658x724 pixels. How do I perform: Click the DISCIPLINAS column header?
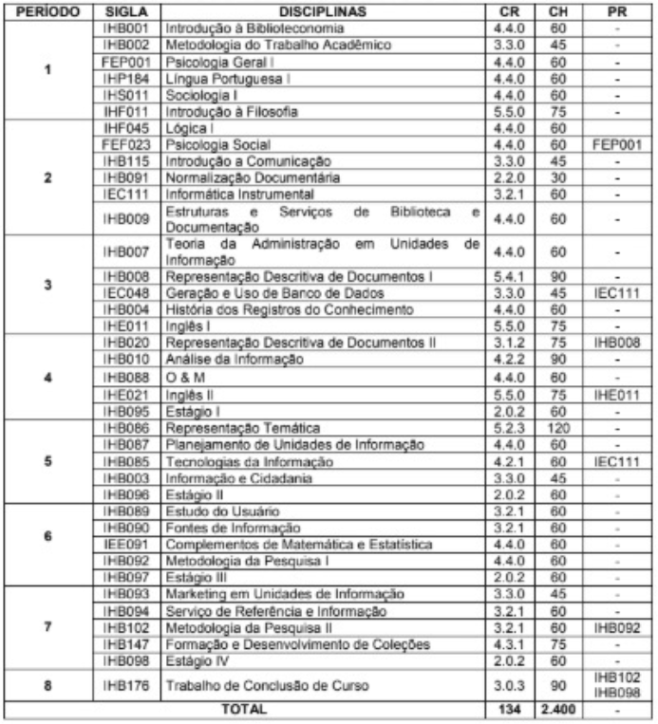[x=321, y=12]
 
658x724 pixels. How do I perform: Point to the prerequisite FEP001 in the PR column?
[x=616, y=145]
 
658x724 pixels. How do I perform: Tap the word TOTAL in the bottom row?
[x=244, y=709]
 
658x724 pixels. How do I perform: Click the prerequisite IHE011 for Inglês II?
[x=616, y=394]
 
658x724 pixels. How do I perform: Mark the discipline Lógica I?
[x=188, y=128]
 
